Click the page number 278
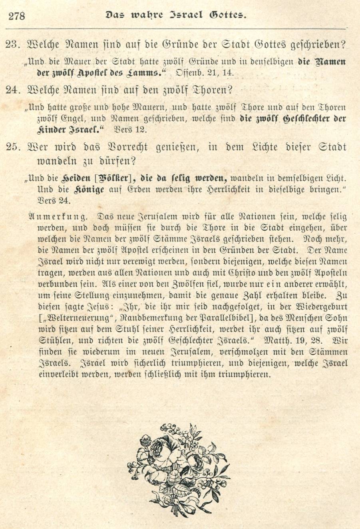click(x=16, y=16)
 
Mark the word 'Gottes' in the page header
click(x=227, y=15)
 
